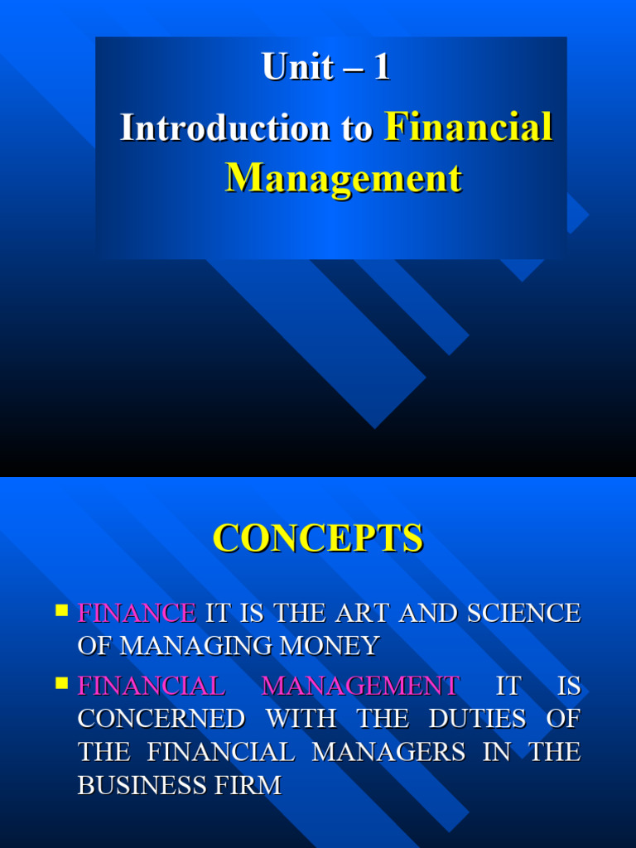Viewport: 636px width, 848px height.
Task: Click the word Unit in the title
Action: [x=298, y=66]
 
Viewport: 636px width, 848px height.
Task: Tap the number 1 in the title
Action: [x=382, y=66]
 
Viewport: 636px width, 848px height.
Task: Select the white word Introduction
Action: [x=224, y=128]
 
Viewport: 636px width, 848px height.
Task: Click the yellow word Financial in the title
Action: [x=469, y=127]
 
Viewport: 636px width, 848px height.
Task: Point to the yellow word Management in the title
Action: [x=344, y=179]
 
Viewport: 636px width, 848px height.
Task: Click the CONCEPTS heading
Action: [x=318, y=537]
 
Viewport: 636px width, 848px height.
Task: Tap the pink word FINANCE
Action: [x=137, y=613]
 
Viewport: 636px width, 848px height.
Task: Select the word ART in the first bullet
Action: [x=362, y=613]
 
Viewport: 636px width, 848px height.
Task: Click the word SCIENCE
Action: [x=523, y=613]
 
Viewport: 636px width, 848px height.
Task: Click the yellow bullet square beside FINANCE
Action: [x=61, y=610]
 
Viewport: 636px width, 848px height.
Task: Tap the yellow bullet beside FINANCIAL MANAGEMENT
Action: [x=61, y=683]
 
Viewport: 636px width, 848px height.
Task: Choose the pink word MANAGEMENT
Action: [x=360, y=686]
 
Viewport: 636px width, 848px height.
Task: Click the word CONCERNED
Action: [x=161, y=719]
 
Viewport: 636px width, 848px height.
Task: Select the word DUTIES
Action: [x=477, y=719]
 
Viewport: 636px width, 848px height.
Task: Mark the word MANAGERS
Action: [x=388, y=752]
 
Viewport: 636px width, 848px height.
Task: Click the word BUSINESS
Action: [x=142, y=785]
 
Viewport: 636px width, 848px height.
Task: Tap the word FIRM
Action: [x=248, y=785]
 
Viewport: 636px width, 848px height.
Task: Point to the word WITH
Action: [x=301, y=719]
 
